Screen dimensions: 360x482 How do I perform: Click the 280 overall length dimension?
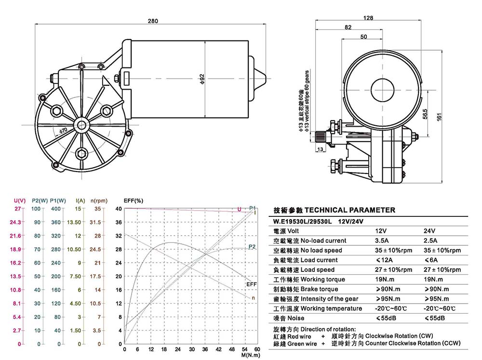(153, 21)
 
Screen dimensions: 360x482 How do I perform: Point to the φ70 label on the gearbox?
(63, 131)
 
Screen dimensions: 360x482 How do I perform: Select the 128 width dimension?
(368, 18)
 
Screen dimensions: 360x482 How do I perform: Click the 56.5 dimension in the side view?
(425, 114)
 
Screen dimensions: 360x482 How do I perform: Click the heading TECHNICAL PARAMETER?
(350, 210)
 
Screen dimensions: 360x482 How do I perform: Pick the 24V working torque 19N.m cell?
(434, 279)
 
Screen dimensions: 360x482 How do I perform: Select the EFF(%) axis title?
(134, 200)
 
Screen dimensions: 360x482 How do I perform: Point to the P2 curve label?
(252, 247)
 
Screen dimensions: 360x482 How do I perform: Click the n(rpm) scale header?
(98, 200)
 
